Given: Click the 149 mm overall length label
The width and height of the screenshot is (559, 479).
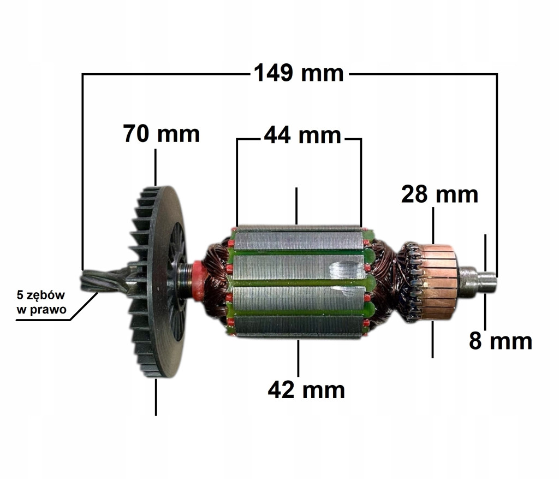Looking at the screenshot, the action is tap(299, 73).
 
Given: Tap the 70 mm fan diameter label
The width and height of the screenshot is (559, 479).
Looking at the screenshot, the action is tap(162, 134).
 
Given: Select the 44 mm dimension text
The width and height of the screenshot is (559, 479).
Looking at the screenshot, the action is tap(302, 135).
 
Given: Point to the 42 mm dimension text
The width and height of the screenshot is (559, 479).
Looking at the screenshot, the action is tap(306, 390).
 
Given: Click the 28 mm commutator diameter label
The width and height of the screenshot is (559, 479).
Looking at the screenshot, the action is tap(439, 194).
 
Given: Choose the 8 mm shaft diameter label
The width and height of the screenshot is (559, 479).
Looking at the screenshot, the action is tap(501, 341).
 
